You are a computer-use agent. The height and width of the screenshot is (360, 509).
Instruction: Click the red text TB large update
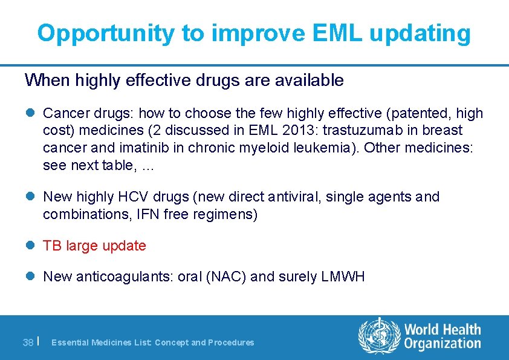click(94, 246)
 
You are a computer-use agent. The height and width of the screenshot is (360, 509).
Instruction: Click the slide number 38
click(28, 342)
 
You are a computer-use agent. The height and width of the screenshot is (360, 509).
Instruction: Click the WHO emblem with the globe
click(379, 336)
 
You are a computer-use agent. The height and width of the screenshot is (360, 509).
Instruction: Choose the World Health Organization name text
click(443, 337)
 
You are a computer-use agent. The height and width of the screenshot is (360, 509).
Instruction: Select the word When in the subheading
click(44, 80)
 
